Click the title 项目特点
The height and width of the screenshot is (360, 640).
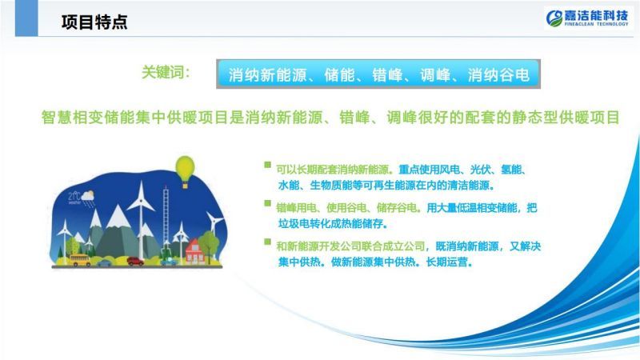(x=94, y=22)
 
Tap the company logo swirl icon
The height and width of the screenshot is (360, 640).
(x=554, y=18)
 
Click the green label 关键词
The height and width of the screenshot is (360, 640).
(x=166, y=72)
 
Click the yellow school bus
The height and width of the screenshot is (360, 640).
(x=80, y=259)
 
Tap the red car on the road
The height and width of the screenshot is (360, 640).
(x=135, y=261)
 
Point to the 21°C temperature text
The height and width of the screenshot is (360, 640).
(x=74, y=196)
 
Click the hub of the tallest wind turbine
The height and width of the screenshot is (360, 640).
(x=142, y=200)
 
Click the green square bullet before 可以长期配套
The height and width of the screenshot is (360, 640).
(x=267, y=165)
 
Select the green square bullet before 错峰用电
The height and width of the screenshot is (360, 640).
(x=267, y=203)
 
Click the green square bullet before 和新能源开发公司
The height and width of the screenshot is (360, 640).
(x=267, y=242)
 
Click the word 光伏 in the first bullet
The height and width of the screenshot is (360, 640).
(x=480, y=170)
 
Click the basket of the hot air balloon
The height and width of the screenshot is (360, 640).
(x=185, y=186)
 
